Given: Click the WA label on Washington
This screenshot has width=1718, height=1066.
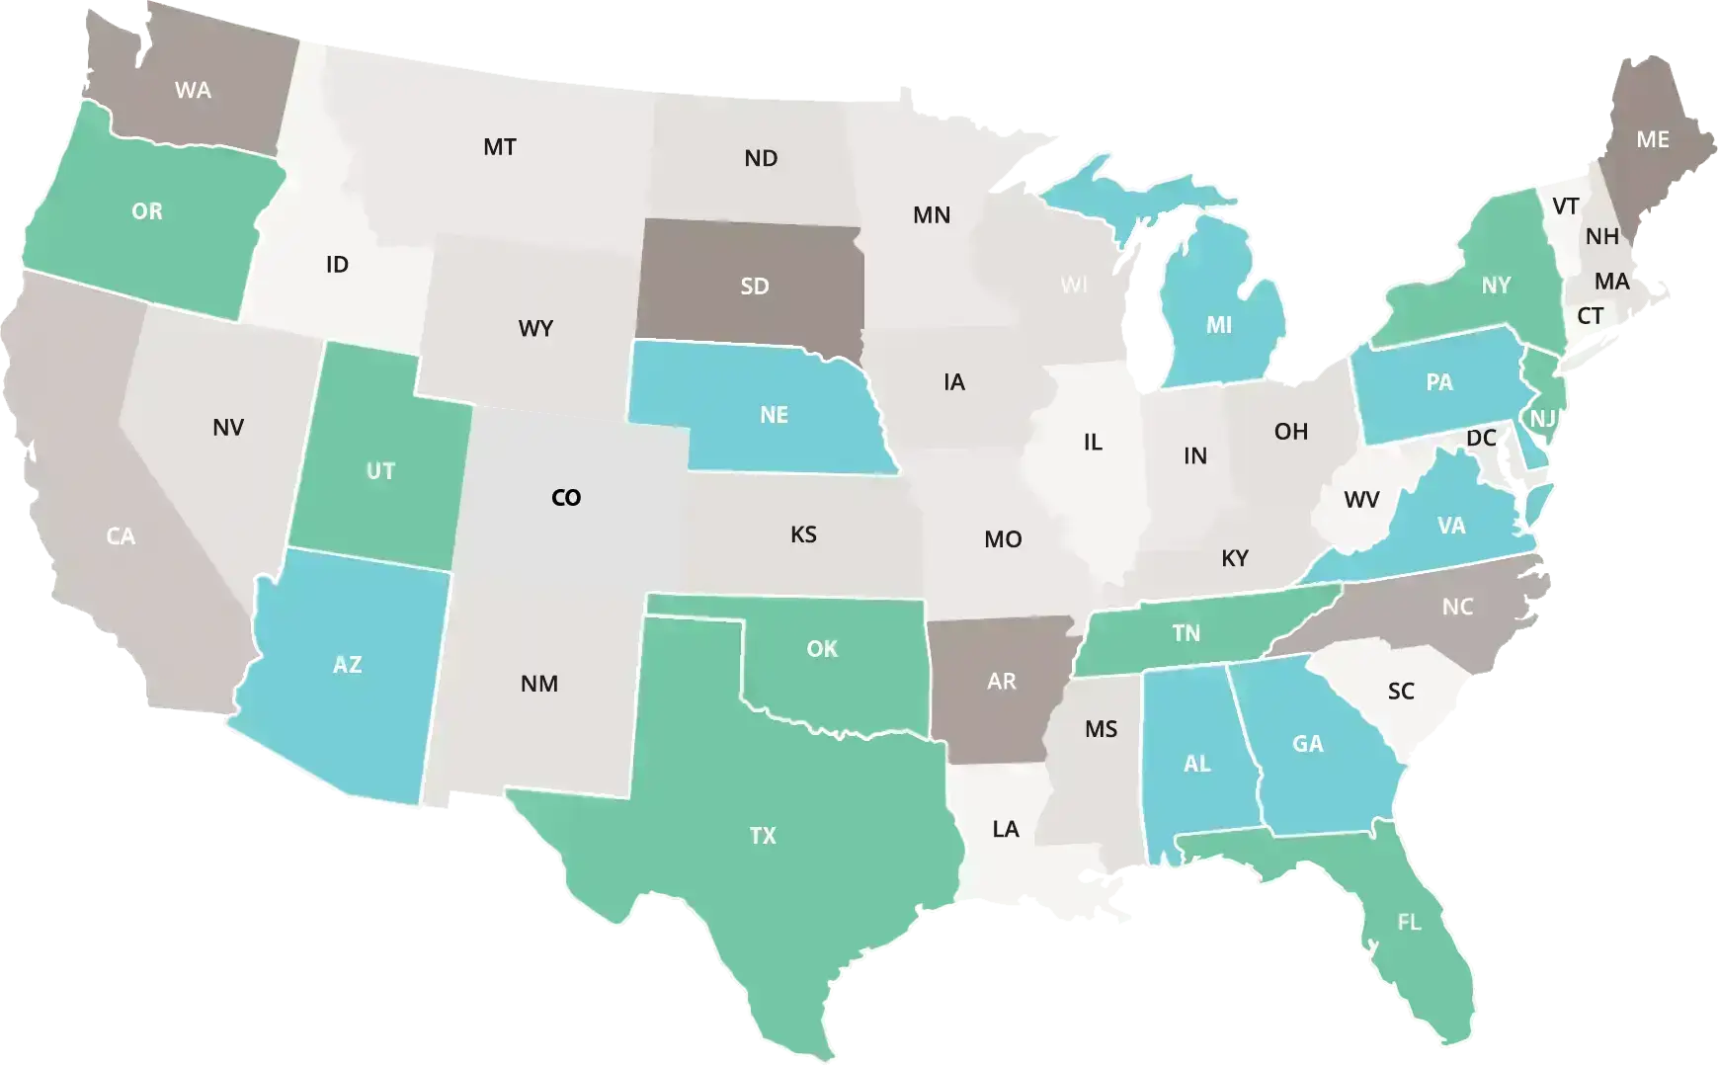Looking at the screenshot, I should (x=193, y=91).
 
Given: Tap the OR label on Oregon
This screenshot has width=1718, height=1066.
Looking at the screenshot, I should (x=147, y=211).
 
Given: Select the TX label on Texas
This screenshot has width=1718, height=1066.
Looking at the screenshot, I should (x=763, y=836).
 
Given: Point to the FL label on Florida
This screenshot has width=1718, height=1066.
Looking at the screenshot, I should (x=1410, y=923).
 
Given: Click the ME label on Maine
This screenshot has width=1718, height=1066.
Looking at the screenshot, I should (x=1653, y=140).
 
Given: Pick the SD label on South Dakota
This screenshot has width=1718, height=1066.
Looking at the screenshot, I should (x=755, y=287).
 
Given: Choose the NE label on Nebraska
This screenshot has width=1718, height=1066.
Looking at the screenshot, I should (x=775, y=415).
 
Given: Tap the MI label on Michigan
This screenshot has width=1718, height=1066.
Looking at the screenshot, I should (x=1219, y=325).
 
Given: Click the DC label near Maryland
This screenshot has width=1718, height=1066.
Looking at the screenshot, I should (x=1481, y=438).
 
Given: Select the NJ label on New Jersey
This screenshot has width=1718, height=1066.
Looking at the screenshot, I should (x=1543, y=419).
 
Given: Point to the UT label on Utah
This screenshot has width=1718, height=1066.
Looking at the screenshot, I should (x=380, y=471).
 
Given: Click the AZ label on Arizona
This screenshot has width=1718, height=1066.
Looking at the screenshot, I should (x=347, y=665).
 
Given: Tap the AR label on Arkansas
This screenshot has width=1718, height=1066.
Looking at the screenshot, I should (x=1002, y=682).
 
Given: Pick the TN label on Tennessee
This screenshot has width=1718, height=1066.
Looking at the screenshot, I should (x=1186, y=633).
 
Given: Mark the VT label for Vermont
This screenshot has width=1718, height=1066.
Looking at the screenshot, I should (x=1566, y=206).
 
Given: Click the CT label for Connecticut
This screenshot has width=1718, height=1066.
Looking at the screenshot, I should (x=1591, y=316).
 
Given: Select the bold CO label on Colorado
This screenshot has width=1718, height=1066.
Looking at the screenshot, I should (x=566, y=498).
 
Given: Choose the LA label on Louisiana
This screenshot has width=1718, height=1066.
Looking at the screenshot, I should (x=1006, y=829).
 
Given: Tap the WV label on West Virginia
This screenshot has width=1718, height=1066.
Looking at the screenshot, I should (x=1361, y=500).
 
